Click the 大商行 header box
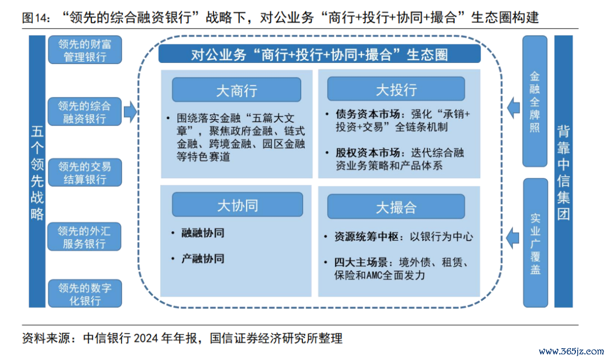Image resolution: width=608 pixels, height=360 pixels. click(x=236, y=90)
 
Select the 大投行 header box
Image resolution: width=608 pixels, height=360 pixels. click(x=396, y=89)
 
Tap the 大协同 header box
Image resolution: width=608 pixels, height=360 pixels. click(x=238, y=205)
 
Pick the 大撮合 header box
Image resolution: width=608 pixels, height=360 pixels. click(x=396, y=207)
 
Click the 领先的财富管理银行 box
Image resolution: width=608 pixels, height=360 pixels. click(x=85, y=50)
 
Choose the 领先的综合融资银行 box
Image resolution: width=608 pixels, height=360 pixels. click(x=84, y=111)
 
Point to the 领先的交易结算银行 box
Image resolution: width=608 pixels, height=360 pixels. click(x=85, y=173)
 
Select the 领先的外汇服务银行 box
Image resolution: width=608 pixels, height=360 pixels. click(x=84, y=237)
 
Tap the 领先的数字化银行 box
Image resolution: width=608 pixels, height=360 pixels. click(x=85, y=294)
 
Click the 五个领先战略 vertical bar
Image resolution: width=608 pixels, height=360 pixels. click(x=37, y=172)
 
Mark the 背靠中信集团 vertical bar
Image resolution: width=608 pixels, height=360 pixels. click(x=564, y=172)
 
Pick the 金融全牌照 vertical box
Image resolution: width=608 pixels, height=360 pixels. click(x=535, y=101)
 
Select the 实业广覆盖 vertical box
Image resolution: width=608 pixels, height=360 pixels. click(x=535, y=243)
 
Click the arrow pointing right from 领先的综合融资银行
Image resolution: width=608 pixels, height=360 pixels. click(x=130, y=111)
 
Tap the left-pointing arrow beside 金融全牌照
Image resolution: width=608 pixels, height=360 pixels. click(x=513, y=107)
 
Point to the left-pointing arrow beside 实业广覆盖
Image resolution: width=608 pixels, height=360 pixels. click(x=513, y=237)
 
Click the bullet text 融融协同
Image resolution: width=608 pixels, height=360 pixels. click(x=203, y=233)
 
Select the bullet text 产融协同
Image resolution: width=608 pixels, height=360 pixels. click(x=203, y=259)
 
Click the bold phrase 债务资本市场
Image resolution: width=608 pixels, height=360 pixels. click(x=368, y=114)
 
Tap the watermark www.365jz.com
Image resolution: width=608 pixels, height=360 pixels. click(x=571, y=352)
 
